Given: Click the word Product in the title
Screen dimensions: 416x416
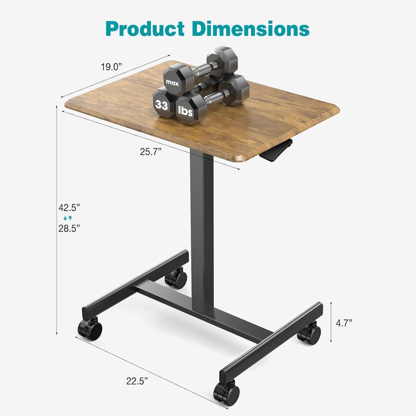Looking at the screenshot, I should click(x=145, y=28).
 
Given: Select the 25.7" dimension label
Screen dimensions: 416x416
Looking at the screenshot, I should click(x=150, y=152).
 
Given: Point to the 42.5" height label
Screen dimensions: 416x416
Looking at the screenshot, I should click(x=69, y=207).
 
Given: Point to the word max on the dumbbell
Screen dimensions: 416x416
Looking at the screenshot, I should click(x=172, y=82).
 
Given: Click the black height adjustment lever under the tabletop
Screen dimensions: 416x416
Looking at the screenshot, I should click(x=276, y=151).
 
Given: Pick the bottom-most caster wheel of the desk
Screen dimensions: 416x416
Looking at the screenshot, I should click(x=227, y=393).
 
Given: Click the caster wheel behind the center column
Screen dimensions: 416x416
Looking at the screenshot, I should click(x=176, y=278).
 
